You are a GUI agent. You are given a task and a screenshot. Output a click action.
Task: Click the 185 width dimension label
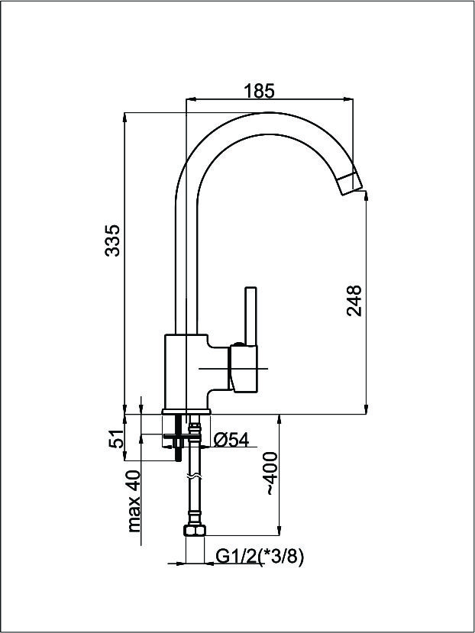[x=260, y=91]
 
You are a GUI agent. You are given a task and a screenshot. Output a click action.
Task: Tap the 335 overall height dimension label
[x=112, y=241]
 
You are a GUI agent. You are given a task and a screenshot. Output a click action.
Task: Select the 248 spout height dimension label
[x=354, y=301]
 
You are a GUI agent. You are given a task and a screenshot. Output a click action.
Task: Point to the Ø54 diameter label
[x=231, y=440]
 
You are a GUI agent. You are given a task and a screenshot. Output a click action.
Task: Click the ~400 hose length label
[x=270, y=473]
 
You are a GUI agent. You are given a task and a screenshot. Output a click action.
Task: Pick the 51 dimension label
[x=116, y=438]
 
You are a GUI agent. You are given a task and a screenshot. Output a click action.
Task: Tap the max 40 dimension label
[x=134, y=502]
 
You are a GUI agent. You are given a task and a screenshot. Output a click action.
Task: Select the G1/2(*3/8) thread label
[x=260, y=557]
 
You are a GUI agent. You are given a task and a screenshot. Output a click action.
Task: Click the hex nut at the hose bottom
[x=194, y=530]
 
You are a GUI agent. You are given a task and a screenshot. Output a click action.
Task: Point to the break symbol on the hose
[x=194, y=476]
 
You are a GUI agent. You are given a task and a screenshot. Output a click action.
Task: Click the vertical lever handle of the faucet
[x=250, y=316]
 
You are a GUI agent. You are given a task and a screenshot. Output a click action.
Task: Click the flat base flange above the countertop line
[x=186, y=412]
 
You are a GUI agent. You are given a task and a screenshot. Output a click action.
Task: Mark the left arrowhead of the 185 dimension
[x=191, y=99]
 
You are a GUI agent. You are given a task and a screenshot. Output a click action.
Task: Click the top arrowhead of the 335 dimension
[x=124, y=118]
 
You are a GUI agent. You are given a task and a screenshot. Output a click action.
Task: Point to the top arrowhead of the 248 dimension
[x=366, y=196]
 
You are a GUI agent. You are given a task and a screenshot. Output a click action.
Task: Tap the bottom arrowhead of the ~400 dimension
[x=279, y=531]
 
